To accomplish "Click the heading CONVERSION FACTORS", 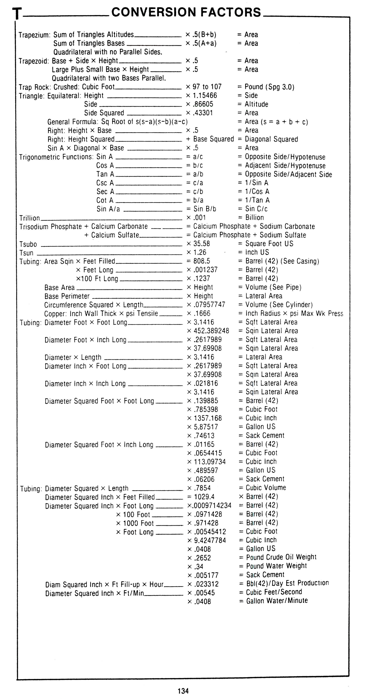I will [x=186, y=12].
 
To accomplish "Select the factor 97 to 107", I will [x=207, y=87].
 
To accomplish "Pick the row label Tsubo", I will [x=28, y=244].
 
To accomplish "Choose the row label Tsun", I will [x=26, y=253].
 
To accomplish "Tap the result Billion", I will [x=254, y=218].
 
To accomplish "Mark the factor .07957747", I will [x=210, y=305].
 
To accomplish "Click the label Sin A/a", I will [x=108, y=209].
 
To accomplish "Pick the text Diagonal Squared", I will [x=271, y=139].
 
